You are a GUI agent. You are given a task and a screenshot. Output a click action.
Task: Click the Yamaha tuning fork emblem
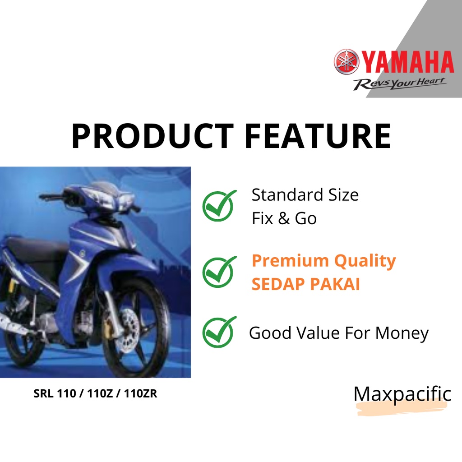[346, 61]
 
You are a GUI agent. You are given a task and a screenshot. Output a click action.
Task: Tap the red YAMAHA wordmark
[407, 62]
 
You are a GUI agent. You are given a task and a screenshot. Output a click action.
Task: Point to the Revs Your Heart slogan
[400, 83]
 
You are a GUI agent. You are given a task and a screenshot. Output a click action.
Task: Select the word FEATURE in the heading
[318, 136]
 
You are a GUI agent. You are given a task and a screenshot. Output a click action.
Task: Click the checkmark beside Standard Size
[220, 205]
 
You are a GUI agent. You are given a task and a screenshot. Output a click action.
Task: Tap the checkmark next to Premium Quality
[220, 272]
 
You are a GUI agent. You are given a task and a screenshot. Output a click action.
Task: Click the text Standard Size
[305, 195]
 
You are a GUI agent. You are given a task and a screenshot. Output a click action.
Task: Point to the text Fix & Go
[284, 218]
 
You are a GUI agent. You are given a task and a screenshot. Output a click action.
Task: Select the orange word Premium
[290, 261]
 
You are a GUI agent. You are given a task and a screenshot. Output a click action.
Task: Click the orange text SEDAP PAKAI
[305, 284]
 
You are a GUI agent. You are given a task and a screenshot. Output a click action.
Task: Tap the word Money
[402, 333]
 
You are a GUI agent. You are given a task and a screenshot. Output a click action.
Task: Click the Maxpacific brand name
[402, 394]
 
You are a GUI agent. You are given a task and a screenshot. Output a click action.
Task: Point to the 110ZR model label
[141, 393]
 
